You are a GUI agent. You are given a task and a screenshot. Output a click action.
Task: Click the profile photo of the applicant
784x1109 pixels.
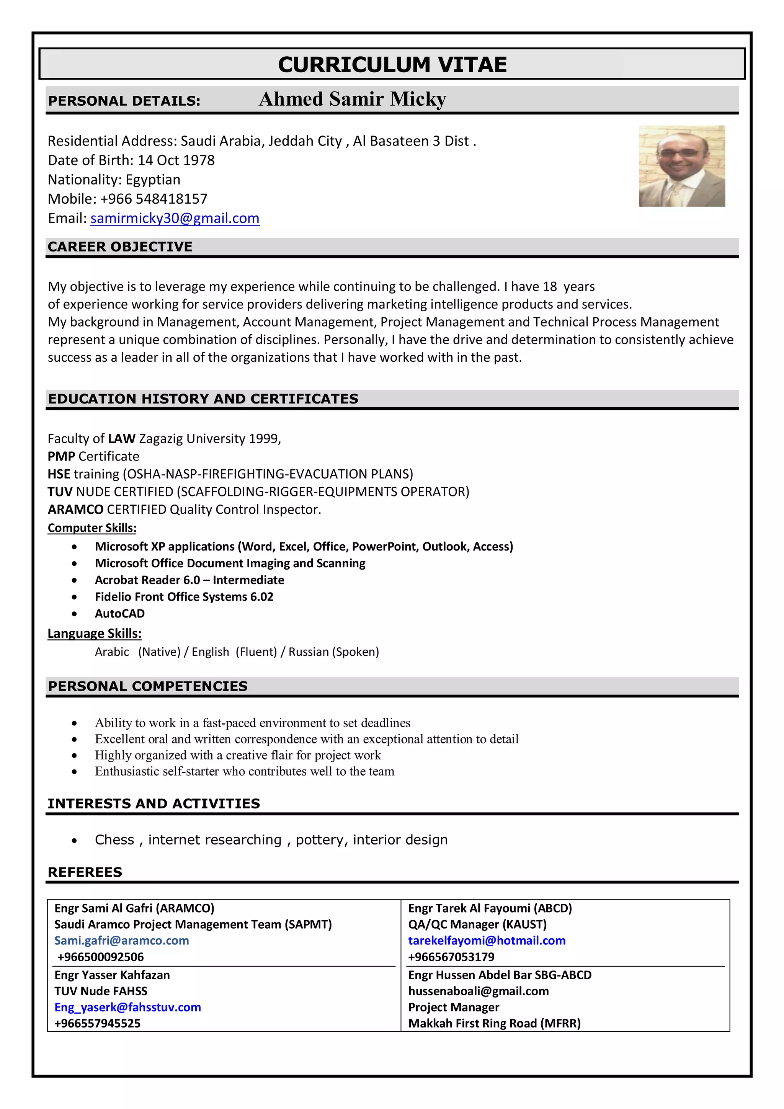pyautogui.click(x=681, y=166)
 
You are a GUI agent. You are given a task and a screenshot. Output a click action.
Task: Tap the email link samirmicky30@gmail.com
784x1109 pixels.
pyautogui.click(x=175, y=218)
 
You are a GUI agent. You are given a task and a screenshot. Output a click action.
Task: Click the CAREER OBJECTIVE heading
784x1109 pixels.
pyautogui.click(x=120, y=247)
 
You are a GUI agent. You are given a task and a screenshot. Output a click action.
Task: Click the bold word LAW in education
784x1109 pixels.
pyautogui.click(x=121, y=439)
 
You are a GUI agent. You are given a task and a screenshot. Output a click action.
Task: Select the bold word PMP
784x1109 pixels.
pyautogui.click(x=61, y=456)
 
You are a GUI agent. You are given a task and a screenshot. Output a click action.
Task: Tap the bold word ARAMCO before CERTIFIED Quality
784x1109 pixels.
pyautogui.click(x=75, y=510)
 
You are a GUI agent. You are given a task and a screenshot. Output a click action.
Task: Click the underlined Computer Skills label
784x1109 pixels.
pyautogui.click(x=92, y=528)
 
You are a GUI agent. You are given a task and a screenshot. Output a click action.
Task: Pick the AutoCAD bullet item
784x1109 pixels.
pyautogui.click(x=119, y=613)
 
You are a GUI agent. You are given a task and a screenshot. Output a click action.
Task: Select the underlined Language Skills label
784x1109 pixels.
pyautogui.click(x=94, y=633)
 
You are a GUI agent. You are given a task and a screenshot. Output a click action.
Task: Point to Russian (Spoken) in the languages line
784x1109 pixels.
pyautogui.click(x=333, y=652)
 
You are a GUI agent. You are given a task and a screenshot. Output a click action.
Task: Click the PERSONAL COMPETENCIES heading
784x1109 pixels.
pyautogui.click(x=147, y=686)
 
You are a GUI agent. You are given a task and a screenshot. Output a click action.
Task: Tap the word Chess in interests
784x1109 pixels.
pyautogui.click(x=114, y=840)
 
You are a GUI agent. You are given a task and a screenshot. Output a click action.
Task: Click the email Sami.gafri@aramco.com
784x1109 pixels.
pyautogui.click(x=121, y=941)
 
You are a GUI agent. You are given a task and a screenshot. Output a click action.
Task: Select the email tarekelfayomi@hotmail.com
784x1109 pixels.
pyautogui.click(x=487, y=941)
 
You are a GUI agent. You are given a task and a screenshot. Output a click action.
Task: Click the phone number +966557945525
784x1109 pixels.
pyautogui.click(x=97, y=1024)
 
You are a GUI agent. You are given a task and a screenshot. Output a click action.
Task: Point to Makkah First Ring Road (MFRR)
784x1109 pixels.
pyautogui.click(x=494, y=1024)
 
